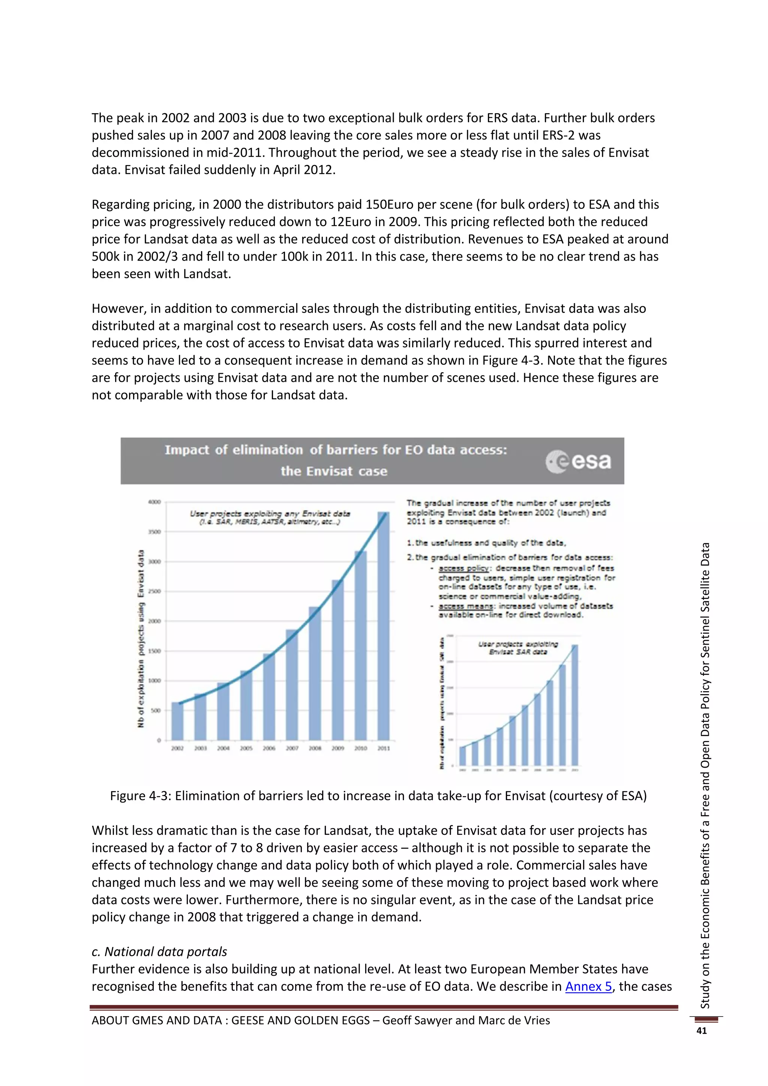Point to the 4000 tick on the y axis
coord(154,502)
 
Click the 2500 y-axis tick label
coord(154,591)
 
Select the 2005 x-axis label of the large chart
coord(246,748)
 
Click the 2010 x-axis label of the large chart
coord(361,748)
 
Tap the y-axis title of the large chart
coord(141,639)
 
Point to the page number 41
coord(701,1030)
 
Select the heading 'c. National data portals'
coord(159,952)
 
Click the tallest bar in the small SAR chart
coord(574,704)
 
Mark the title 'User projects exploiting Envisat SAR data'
coord(518,648)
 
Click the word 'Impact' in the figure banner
coord(186,450)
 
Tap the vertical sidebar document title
coord(705,776)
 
